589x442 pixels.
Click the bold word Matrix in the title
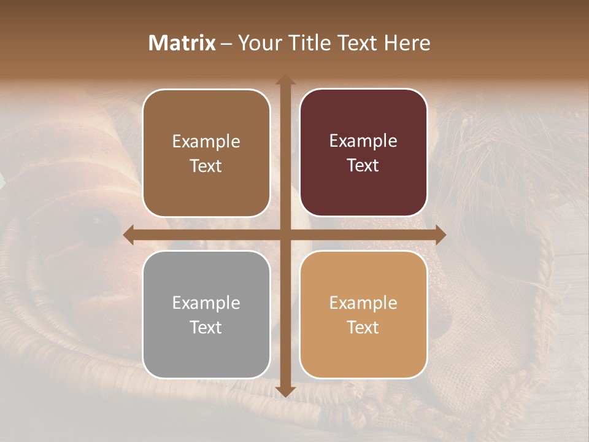click(182, 43)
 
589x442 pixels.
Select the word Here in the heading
click(407, 43)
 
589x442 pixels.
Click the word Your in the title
click(258, 43)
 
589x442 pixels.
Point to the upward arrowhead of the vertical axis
click(285, 80)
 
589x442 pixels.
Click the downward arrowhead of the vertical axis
click(285, 391)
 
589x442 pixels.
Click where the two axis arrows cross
click(285, 235)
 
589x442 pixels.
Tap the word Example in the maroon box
click(363, 141)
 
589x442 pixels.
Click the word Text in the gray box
click(206, 327)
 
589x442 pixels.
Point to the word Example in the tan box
click(363, 303)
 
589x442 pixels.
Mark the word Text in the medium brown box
click(206, 166)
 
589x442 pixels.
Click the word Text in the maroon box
click(363, 165)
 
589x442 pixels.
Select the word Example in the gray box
click(206, 303)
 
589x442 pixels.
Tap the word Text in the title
click(356, 43)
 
